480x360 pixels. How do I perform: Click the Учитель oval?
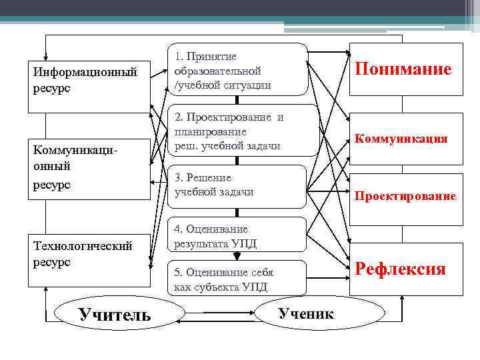pyautogui.click(x=115, y=314)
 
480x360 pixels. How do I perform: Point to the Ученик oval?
pyautogui.click(x=306, y=313)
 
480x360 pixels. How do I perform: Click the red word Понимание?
pyautogui.click(x=403, y=69)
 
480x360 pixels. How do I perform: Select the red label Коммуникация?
pyautogui.click(x=401, y=139)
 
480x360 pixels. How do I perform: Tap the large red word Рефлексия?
pyautogui.click(x=400, y=269)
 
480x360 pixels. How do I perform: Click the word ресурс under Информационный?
pyautogui.click(x=50, y=89)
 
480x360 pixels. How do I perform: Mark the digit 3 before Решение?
pyautogui.click(x=177, y=178)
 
